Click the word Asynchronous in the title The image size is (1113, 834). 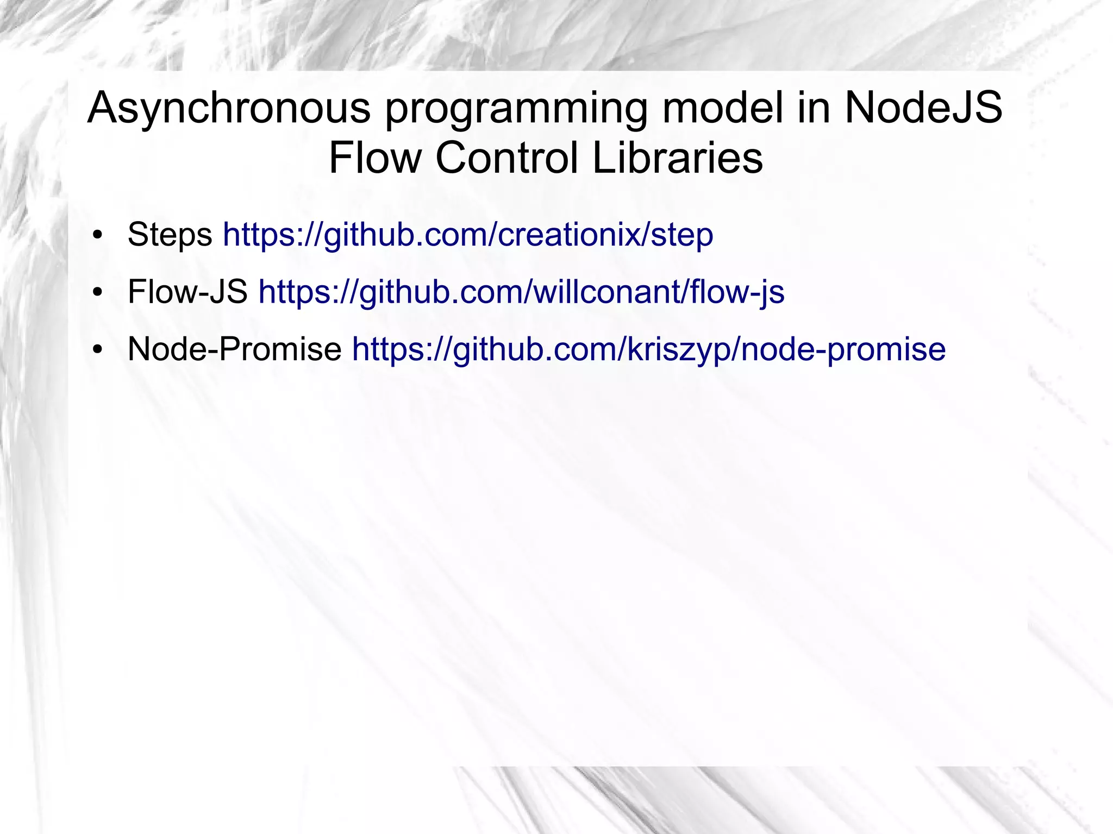[229, 108]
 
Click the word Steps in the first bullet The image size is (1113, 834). [170, 235]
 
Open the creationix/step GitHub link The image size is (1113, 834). [468, 235]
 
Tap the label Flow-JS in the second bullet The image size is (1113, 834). [187, 292]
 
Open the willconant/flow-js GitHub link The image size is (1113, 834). [521, 292]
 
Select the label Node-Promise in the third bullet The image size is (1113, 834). [234, 349]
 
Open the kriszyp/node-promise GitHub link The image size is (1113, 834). [649, 349]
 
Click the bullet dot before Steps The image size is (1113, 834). [97, 236]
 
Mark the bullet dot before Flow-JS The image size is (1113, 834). [97, 293]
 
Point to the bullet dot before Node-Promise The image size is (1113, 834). [97, 350]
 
